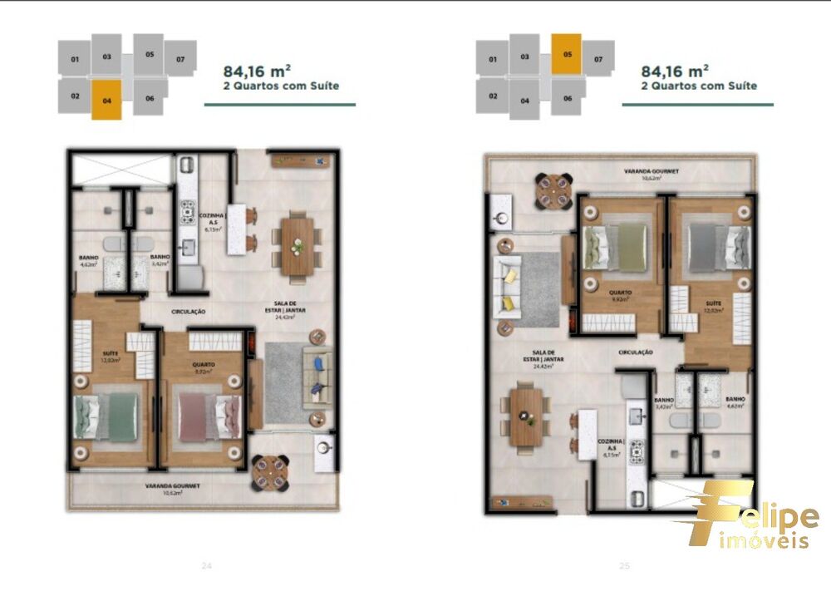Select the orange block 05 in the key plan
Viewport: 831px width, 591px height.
click(x=566, y=54)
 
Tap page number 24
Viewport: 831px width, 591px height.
click(x=207, y=566)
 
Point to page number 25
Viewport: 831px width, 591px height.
click(x=624, y=566)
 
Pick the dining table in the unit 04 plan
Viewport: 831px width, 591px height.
click(x=297, y=244)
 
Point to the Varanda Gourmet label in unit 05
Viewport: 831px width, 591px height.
click(x=652, y=171)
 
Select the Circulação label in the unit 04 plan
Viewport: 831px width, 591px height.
click(x=189, y=312)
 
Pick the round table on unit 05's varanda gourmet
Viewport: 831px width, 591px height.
click(x=553, y=190)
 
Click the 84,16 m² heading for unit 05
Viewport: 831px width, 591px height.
click(x=675, y=70)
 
